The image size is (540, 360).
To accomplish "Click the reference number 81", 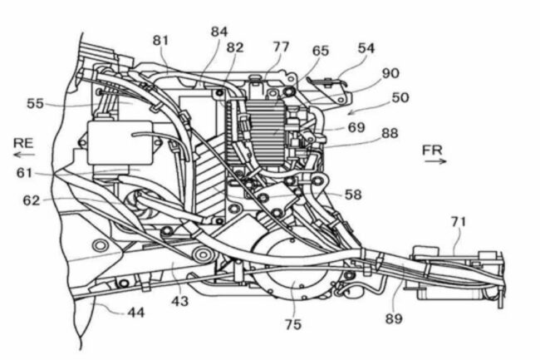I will pyautogui.click(x=160, y=39).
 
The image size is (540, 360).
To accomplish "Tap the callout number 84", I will pyautogui.click(x=219, y=31).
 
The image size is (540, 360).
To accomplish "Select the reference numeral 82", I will pyautogui.click(x=235, y=47).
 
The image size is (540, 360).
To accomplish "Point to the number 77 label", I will pyautogui.click(x=282, y=47).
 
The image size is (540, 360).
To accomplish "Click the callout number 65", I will pyautogui.click(x=321, y=51).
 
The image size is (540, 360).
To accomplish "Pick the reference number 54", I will pyautogui.click(x=366, y=47).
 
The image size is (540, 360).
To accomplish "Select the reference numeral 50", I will pyautogui.click(x=400, y=97).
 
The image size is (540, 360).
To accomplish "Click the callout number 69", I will pyautogui.click(x=356, y=127).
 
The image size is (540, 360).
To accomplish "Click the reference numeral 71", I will pyautogui.click(x=458, y=221).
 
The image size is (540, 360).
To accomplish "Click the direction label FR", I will pyautogui.click(x=433, y=150).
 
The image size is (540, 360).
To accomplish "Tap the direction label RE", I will pyautogui.click(x=22, y=142).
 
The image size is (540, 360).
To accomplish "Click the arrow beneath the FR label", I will pyautogui.click(x=433, y=163).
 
